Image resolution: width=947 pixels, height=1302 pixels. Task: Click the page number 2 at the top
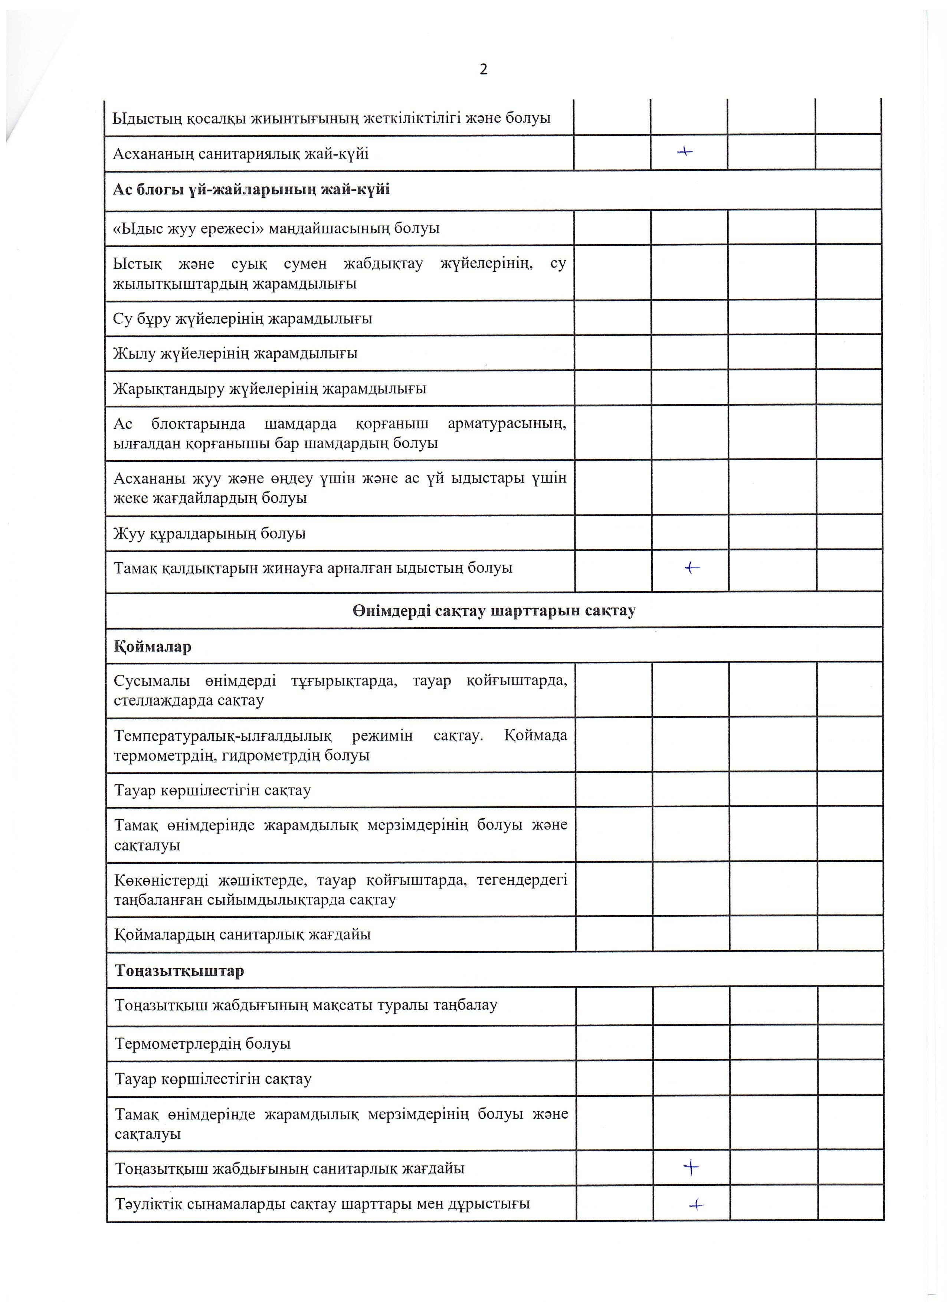coord(483,69)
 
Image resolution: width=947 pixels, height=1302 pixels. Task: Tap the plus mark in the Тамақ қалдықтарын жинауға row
coord(692,568)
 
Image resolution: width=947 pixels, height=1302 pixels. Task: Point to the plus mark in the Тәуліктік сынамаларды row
coord(696,1206)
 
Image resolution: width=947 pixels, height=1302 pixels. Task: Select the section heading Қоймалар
coord(153,647)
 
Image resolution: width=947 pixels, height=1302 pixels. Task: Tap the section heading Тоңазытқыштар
coord(179,971)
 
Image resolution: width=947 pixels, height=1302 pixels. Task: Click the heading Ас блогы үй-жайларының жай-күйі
coord(251,189)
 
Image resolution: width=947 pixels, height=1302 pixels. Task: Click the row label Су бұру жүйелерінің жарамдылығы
coord(243,318)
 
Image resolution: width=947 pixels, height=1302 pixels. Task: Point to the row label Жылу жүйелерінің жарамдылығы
coord(235,354)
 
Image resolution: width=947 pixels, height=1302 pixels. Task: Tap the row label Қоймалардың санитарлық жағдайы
coord(242,934)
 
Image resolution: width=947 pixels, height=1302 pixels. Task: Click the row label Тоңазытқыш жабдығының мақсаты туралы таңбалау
coord(306,1005)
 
